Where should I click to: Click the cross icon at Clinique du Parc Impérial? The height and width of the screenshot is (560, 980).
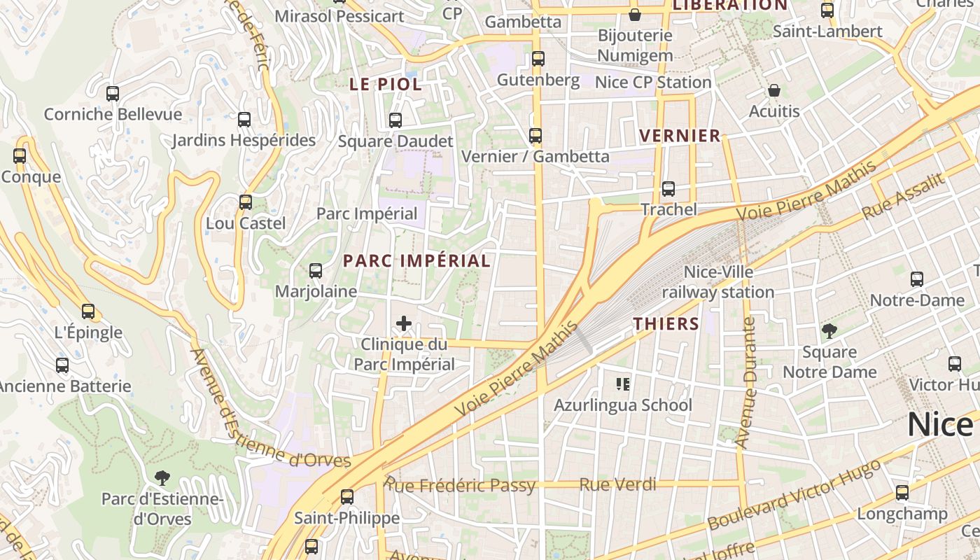point(404,323)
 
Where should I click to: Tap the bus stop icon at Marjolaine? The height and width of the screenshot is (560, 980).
point(316,270)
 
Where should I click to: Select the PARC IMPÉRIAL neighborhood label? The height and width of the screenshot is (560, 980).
point(416,261)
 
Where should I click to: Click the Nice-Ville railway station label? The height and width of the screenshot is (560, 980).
point(718,282)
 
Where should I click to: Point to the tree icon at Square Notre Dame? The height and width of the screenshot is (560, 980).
point(829,330)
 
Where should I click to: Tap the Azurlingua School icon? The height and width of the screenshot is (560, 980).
point(623,384)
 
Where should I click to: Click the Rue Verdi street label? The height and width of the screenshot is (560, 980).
point(617,484)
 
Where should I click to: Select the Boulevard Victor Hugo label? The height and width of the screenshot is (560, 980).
point(794,496)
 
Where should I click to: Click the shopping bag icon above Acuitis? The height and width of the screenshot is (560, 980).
point(774,90)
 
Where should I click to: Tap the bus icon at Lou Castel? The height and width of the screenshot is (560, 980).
point(246,202)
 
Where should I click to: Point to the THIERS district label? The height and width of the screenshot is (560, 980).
point(666,323)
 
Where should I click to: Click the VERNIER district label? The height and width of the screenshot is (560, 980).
point(680,136)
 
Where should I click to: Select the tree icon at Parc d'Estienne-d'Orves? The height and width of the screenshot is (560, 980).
point(163,478)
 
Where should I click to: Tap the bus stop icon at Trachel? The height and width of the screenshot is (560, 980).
point(668,189)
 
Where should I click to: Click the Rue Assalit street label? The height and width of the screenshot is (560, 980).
point(903,197)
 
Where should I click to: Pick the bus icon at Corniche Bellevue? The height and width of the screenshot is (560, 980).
point(113,93)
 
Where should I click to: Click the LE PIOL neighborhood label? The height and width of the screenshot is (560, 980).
point(386,85)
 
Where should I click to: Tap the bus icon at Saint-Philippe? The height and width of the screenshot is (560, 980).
point(347,497)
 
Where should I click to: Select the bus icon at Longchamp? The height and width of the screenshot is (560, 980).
point(902,493)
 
